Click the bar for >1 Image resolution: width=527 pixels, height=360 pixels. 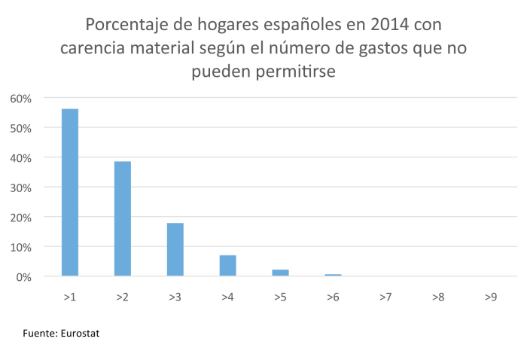(70, 192)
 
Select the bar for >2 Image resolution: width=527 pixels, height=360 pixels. (123, 218)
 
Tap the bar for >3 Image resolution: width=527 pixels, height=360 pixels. (175, 249)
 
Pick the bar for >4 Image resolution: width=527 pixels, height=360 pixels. (228, 265)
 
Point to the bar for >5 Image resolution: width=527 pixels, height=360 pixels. (281, 273)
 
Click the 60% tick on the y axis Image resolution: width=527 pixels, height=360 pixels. (20, 99)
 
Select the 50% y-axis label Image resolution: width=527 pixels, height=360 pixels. (20, 128)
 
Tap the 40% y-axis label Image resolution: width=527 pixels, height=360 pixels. (20, 158)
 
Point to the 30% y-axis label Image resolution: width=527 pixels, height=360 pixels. (20, 188)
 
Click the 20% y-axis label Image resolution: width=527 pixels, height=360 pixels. (20, 218)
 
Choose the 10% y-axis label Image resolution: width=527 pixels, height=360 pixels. (20, 247)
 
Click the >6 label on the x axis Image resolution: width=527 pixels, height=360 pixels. (333, 297)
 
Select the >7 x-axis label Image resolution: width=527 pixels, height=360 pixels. (385, 297)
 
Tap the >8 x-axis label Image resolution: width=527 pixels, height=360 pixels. (438, 297)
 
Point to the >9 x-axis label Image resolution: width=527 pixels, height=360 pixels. (491, 297)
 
